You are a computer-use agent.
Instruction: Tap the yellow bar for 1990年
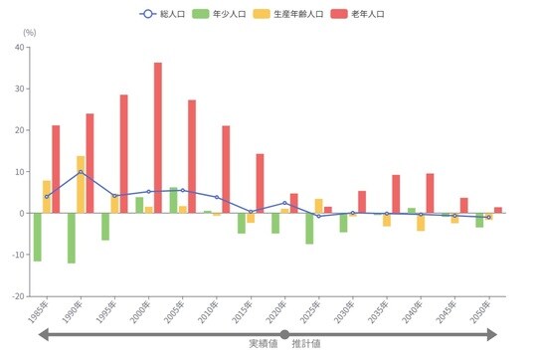[x=81, y=184]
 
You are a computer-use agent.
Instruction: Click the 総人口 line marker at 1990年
[x=81, y=172]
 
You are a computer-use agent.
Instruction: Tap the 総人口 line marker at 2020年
[x=284, y=203]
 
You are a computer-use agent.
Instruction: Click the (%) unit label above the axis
[x=29, y=33]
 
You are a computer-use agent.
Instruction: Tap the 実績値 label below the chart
[x=263, y=343]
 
